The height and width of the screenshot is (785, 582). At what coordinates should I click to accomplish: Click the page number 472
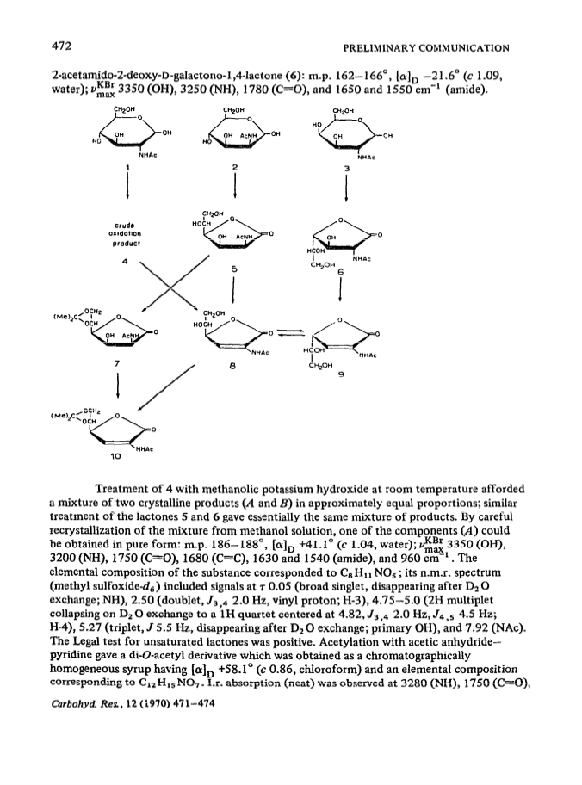pyautogui.click(x=62, y=46)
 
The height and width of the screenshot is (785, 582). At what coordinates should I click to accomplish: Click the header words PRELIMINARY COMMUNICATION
pyautogui.click(x=425, y=48)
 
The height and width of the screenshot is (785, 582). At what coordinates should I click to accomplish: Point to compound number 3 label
pyautogui.click(x=346, y=168)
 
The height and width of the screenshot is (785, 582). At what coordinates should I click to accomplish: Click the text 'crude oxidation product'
pyautogui.click(x=125, y=234)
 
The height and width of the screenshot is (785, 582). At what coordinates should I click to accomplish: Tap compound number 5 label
pyautogui.click(x=234, y=269)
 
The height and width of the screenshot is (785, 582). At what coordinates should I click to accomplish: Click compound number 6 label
pyautogui.click(x=341, y=272)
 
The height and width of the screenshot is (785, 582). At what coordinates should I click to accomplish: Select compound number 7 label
pyautogui.click(x=117, y=363)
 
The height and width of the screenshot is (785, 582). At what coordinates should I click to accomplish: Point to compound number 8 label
pyautogui.click(x=232, y=367)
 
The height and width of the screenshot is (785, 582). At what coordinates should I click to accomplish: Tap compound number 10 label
pyautogui.click(x=115, y=456)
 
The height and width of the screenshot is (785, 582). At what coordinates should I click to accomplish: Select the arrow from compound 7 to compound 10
pyautogui.click(x=117, y=386)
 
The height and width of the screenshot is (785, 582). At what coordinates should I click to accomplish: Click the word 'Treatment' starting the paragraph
pyautogui.click(x=119, y=489)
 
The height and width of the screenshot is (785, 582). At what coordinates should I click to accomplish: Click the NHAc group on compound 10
pyautogui.click(x=145, y=449)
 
